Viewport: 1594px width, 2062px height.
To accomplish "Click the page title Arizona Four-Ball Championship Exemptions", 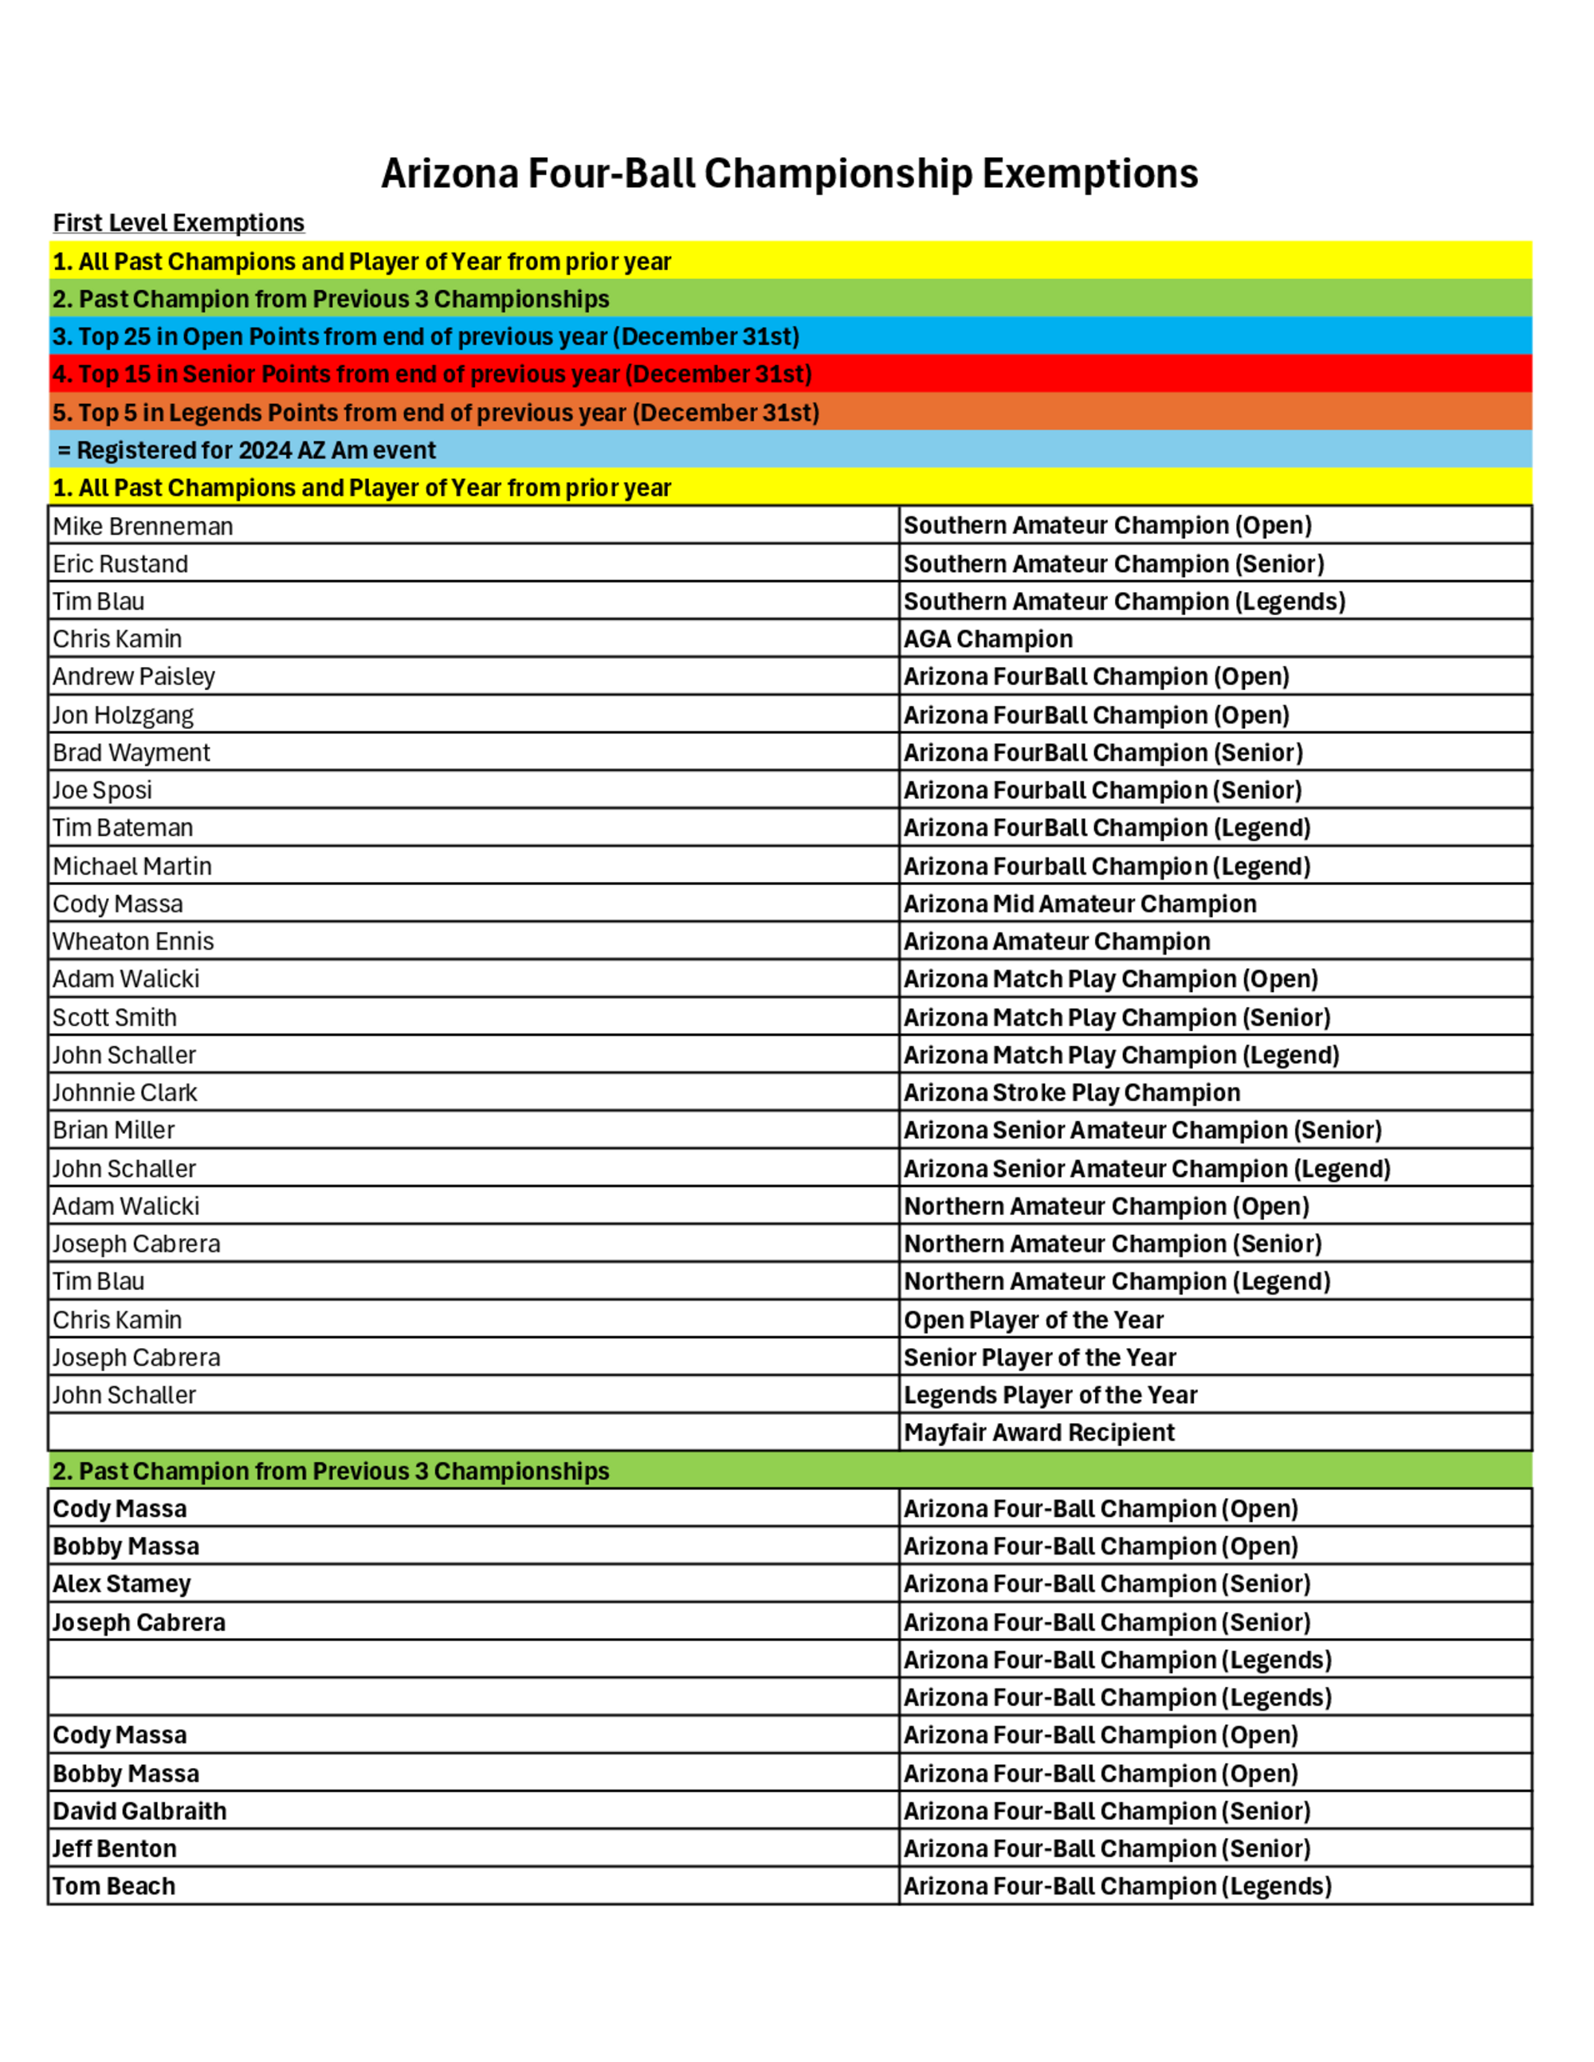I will [790, 174].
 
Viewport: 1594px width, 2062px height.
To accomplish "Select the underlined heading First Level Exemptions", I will [179, 223].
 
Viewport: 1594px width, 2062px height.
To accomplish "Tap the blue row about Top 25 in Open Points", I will [426, 337].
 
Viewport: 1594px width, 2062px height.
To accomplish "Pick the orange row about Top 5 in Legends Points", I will [436, 413].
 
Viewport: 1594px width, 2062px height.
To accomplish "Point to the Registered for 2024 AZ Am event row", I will [247, 450].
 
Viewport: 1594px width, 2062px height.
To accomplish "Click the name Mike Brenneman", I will [143, 526].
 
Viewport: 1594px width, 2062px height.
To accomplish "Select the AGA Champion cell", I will [987, 639].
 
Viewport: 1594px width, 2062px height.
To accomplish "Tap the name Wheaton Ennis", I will [133, 941].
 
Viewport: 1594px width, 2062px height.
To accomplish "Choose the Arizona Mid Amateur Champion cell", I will [1079, 904].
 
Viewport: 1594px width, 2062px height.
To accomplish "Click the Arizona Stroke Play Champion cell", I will [1072, 1092].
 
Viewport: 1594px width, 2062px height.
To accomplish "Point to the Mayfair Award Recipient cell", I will [1038, 1433].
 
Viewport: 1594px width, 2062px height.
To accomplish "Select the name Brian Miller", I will [113, 1130].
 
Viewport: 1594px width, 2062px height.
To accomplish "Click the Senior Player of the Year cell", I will [1040, 1357].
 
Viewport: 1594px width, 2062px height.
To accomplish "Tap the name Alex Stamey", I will [122, 1583].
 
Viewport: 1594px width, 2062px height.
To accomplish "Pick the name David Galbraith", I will [139, 1810].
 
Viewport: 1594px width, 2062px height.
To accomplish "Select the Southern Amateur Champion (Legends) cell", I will [1124, 602].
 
